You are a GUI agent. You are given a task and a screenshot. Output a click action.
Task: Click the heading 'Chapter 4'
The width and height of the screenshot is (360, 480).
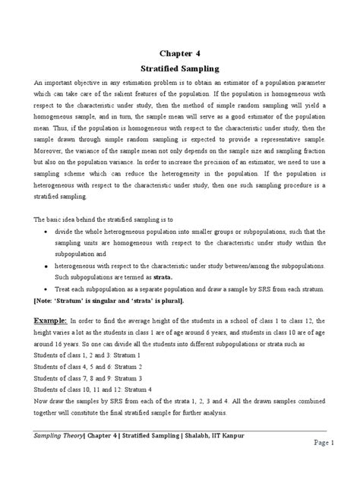click(x=180, y=55)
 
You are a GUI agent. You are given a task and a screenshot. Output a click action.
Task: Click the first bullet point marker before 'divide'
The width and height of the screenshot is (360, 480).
click(x=49, y=231)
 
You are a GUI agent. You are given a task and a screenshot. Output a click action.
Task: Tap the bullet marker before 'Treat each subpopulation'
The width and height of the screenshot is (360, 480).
click(x=49, y=290)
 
